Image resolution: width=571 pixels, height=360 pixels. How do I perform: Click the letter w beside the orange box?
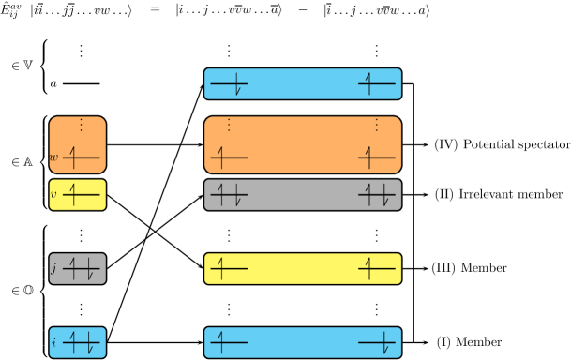pos(53,157)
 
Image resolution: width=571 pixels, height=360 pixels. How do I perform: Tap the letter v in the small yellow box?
pos(53,195)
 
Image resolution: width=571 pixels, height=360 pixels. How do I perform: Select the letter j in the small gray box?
pos(53,269)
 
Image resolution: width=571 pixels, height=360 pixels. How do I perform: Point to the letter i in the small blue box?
pos(53,343)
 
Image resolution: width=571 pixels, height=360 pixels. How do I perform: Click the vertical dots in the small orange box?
pos(81,125)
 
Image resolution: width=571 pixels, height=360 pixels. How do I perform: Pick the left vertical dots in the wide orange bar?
pos(229,125)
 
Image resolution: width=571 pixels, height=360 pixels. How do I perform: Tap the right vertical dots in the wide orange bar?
pos(377,125)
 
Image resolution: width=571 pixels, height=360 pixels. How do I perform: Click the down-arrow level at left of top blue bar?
pos(230,84)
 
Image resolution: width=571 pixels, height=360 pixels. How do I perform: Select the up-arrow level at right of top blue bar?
pos(377,84)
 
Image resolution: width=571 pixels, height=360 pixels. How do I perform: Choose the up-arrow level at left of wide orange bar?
pos(229,157)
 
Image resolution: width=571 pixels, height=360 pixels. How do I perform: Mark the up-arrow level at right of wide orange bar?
pos(377,157)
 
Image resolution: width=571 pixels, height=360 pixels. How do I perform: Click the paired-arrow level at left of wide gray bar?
pos(229,195)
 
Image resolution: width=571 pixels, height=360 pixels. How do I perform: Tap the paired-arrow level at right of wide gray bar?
pos(377,195)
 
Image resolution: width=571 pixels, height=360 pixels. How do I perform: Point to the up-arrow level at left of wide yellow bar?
pos(229,269)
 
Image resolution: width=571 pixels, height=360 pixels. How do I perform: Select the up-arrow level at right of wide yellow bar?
pos(377,269)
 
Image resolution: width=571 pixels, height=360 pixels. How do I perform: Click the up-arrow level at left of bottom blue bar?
pos(229,343)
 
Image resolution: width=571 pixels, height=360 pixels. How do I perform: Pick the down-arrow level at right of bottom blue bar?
pos(378,343)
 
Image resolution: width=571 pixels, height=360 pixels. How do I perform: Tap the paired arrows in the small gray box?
pos(82,269)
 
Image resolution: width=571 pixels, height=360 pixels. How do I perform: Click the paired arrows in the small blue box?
pos(82,343)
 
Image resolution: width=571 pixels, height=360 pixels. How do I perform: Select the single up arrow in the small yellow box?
pos(81,195)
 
